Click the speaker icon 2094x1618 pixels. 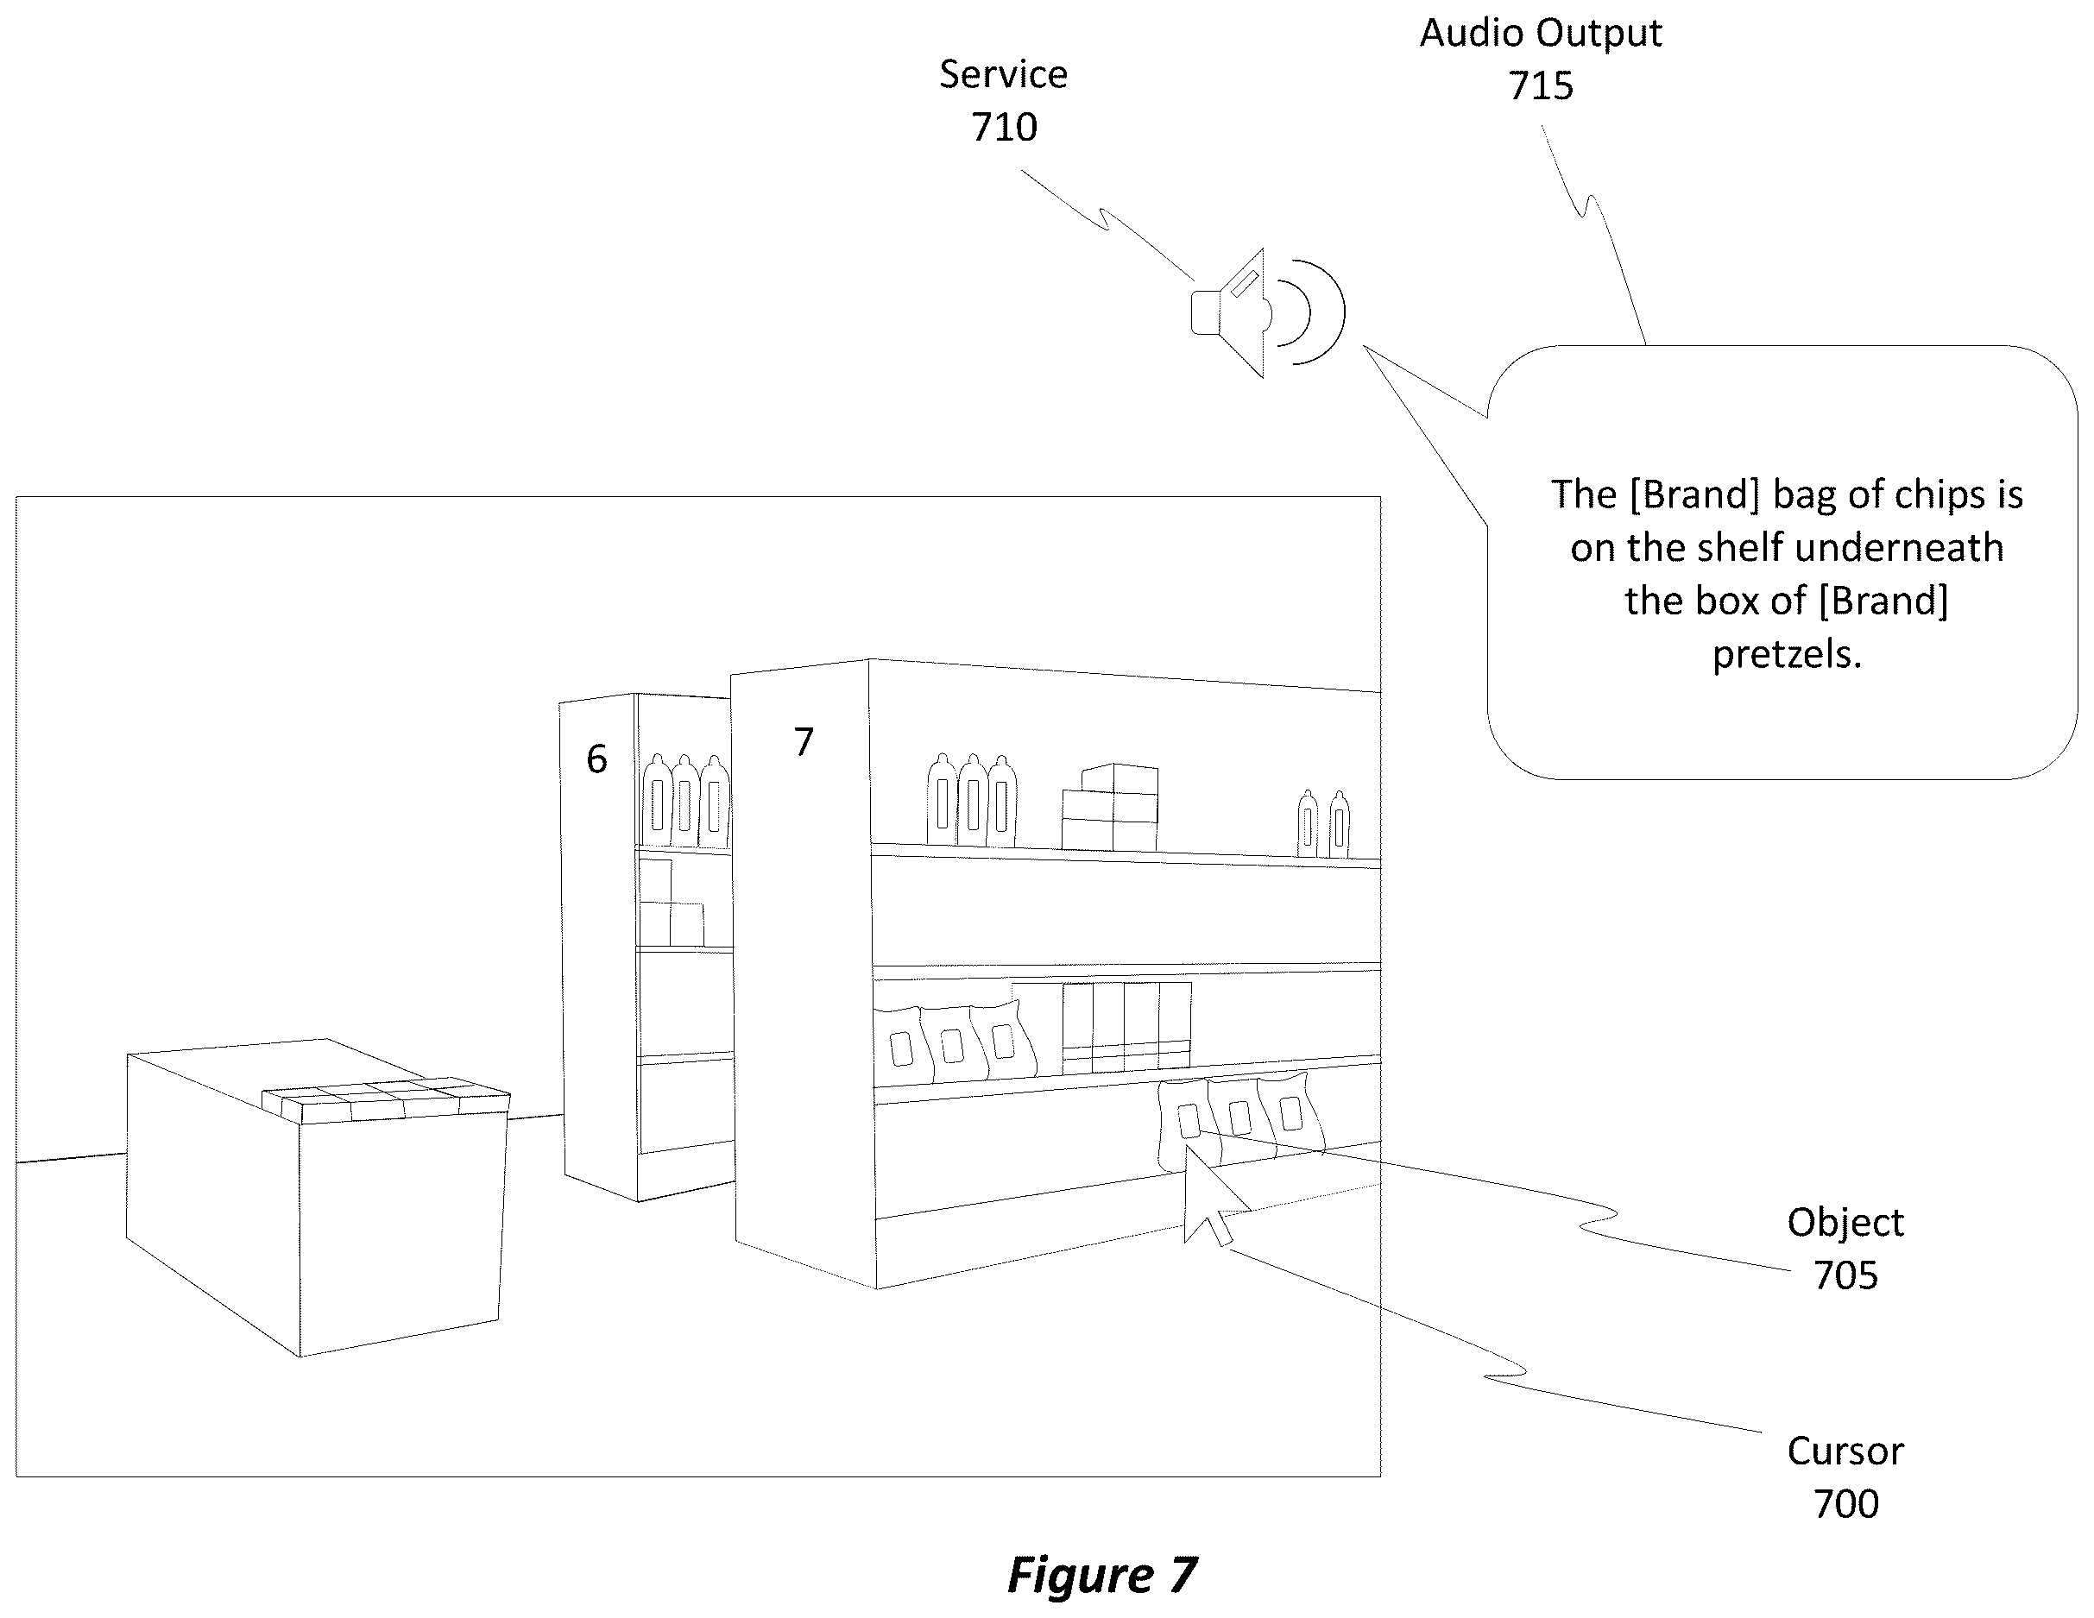click(1265, 312)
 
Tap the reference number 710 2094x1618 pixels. click(1004, 128)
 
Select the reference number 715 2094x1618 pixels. click(1541, 86)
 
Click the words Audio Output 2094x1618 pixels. click(1541, 34)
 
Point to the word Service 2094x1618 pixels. click(1003, 75)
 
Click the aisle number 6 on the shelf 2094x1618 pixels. click(596, 759)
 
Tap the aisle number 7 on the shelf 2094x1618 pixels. click(804, 741)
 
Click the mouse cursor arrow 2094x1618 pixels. click(1212, 1196)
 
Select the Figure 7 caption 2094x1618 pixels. click(1101, 1575)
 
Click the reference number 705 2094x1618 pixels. click(1845, 1275)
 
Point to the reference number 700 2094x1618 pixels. click(1845, 1504)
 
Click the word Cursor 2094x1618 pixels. click(1845, 1451)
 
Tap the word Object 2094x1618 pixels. click(1845, 1223)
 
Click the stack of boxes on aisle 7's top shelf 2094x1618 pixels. click(1109, 807)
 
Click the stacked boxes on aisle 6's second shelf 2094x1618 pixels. click(670, 903)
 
